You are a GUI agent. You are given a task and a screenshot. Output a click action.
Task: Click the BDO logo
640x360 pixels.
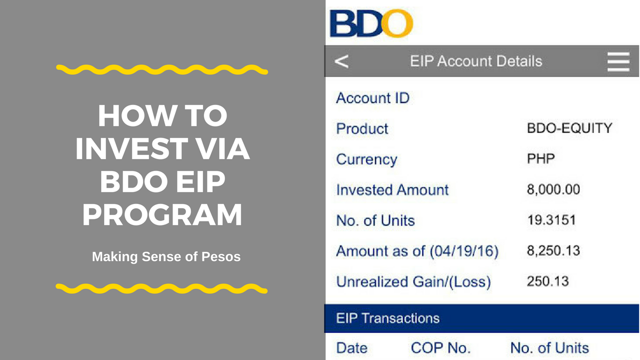371,23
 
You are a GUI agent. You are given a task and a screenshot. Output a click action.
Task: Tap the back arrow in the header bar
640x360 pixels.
341,61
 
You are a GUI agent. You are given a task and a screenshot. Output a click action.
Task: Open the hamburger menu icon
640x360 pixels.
618,61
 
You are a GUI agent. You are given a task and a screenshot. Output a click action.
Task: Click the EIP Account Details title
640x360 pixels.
476,61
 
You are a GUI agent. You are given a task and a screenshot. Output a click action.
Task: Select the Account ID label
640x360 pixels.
373,98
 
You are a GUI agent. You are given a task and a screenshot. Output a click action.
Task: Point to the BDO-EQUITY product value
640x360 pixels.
569,128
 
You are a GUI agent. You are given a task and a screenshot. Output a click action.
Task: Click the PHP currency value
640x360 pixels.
541,158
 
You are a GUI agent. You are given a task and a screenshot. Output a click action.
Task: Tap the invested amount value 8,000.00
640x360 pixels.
553,189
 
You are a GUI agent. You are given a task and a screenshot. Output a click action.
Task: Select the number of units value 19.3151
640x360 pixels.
551,220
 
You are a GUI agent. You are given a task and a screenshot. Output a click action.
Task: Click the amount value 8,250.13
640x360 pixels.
553,250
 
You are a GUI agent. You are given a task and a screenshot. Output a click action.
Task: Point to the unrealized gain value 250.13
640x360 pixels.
547,281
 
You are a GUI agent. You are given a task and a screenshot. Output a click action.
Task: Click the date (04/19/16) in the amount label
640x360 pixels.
464,251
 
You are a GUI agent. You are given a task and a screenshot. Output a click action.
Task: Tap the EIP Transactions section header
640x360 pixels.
387,318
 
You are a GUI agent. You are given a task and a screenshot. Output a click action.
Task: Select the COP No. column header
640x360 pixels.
440,348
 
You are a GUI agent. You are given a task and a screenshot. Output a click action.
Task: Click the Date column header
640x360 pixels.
351,348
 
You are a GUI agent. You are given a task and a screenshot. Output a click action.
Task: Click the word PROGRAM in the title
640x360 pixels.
162,214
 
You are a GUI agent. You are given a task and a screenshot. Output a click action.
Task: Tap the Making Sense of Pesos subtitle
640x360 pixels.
166,256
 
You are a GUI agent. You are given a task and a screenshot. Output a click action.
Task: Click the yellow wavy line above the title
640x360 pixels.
162,69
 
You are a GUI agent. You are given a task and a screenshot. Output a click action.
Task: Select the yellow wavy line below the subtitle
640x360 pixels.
161,288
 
